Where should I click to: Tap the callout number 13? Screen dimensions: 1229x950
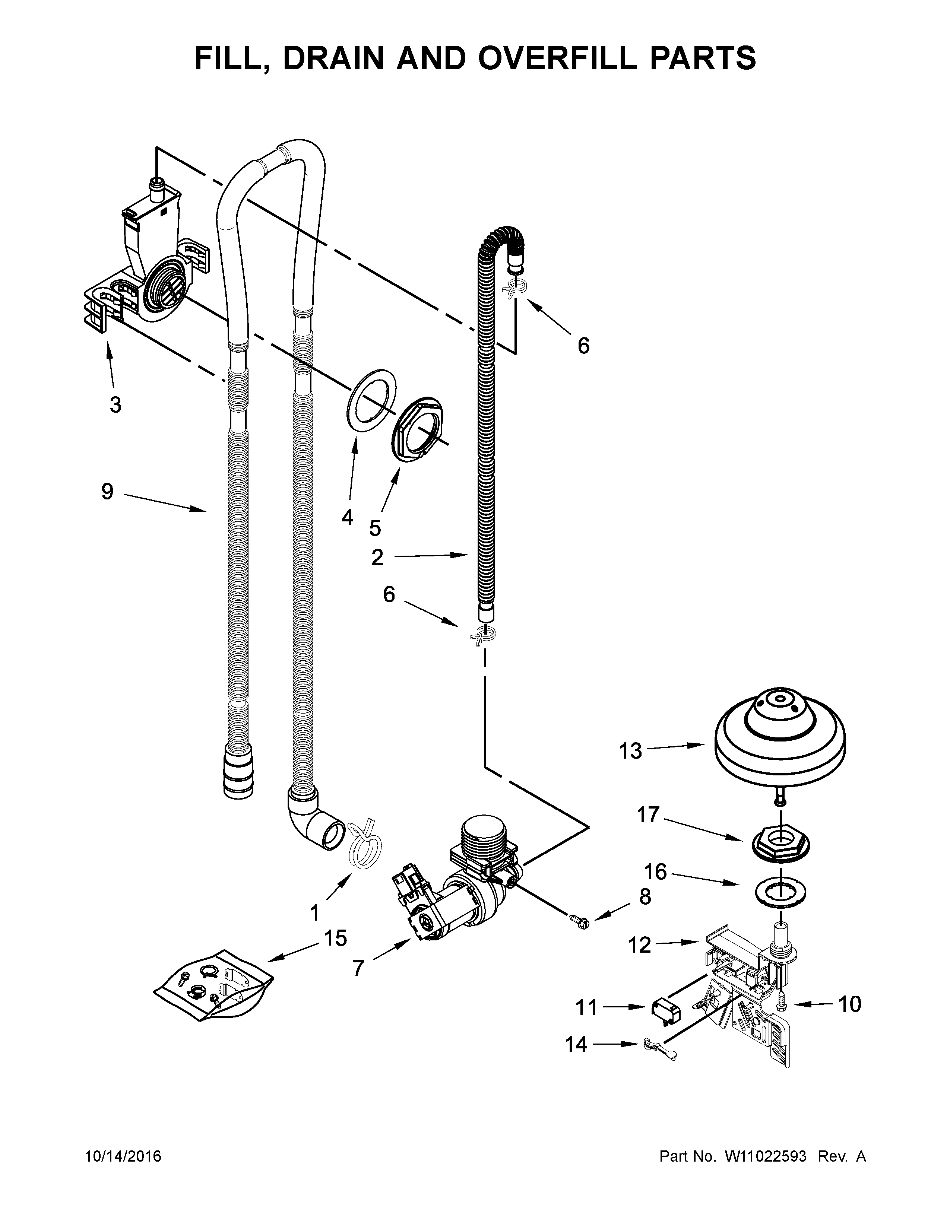click(630, 751)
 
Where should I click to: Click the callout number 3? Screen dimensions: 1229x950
click(115, 404)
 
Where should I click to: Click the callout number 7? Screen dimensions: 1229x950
click(358, 968)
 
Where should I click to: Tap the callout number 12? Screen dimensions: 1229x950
click(639, 945)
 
